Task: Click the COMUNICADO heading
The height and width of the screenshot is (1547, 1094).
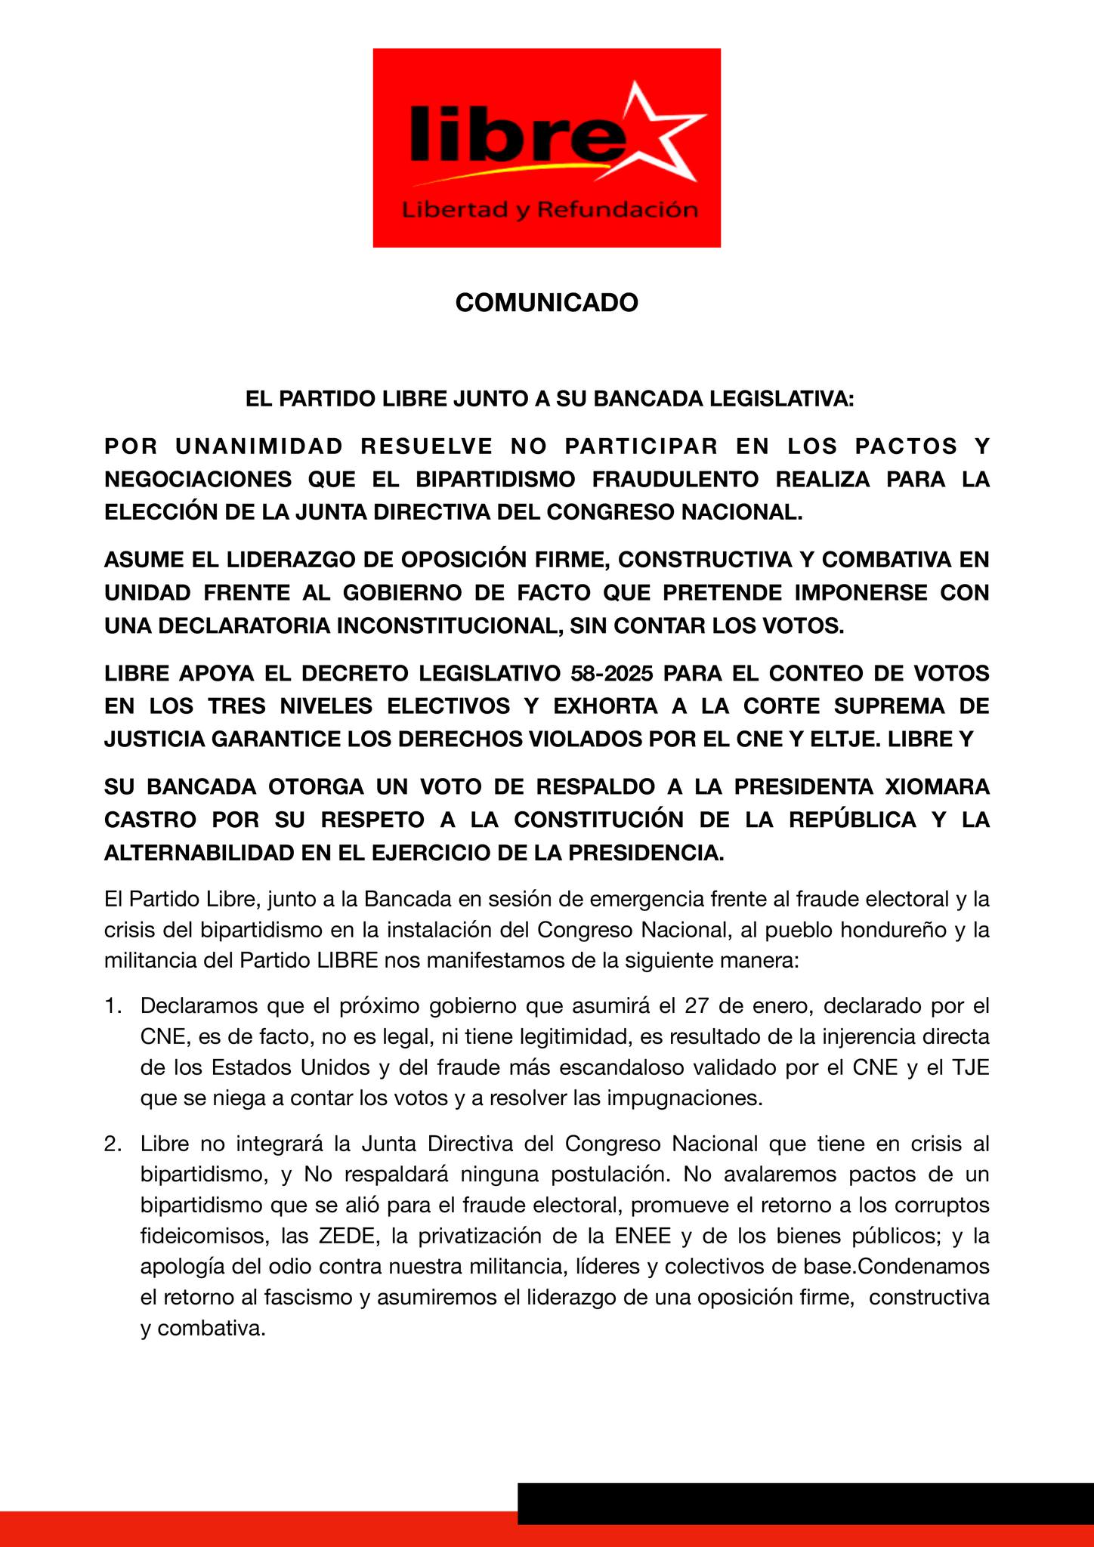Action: coord(546,303)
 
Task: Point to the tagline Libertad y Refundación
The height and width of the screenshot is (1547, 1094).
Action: coord(549,209)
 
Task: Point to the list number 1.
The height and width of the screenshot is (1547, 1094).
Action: coord(113,1006)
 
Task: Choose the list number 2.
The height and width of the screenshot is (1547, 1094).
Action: coord(113,1144)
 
